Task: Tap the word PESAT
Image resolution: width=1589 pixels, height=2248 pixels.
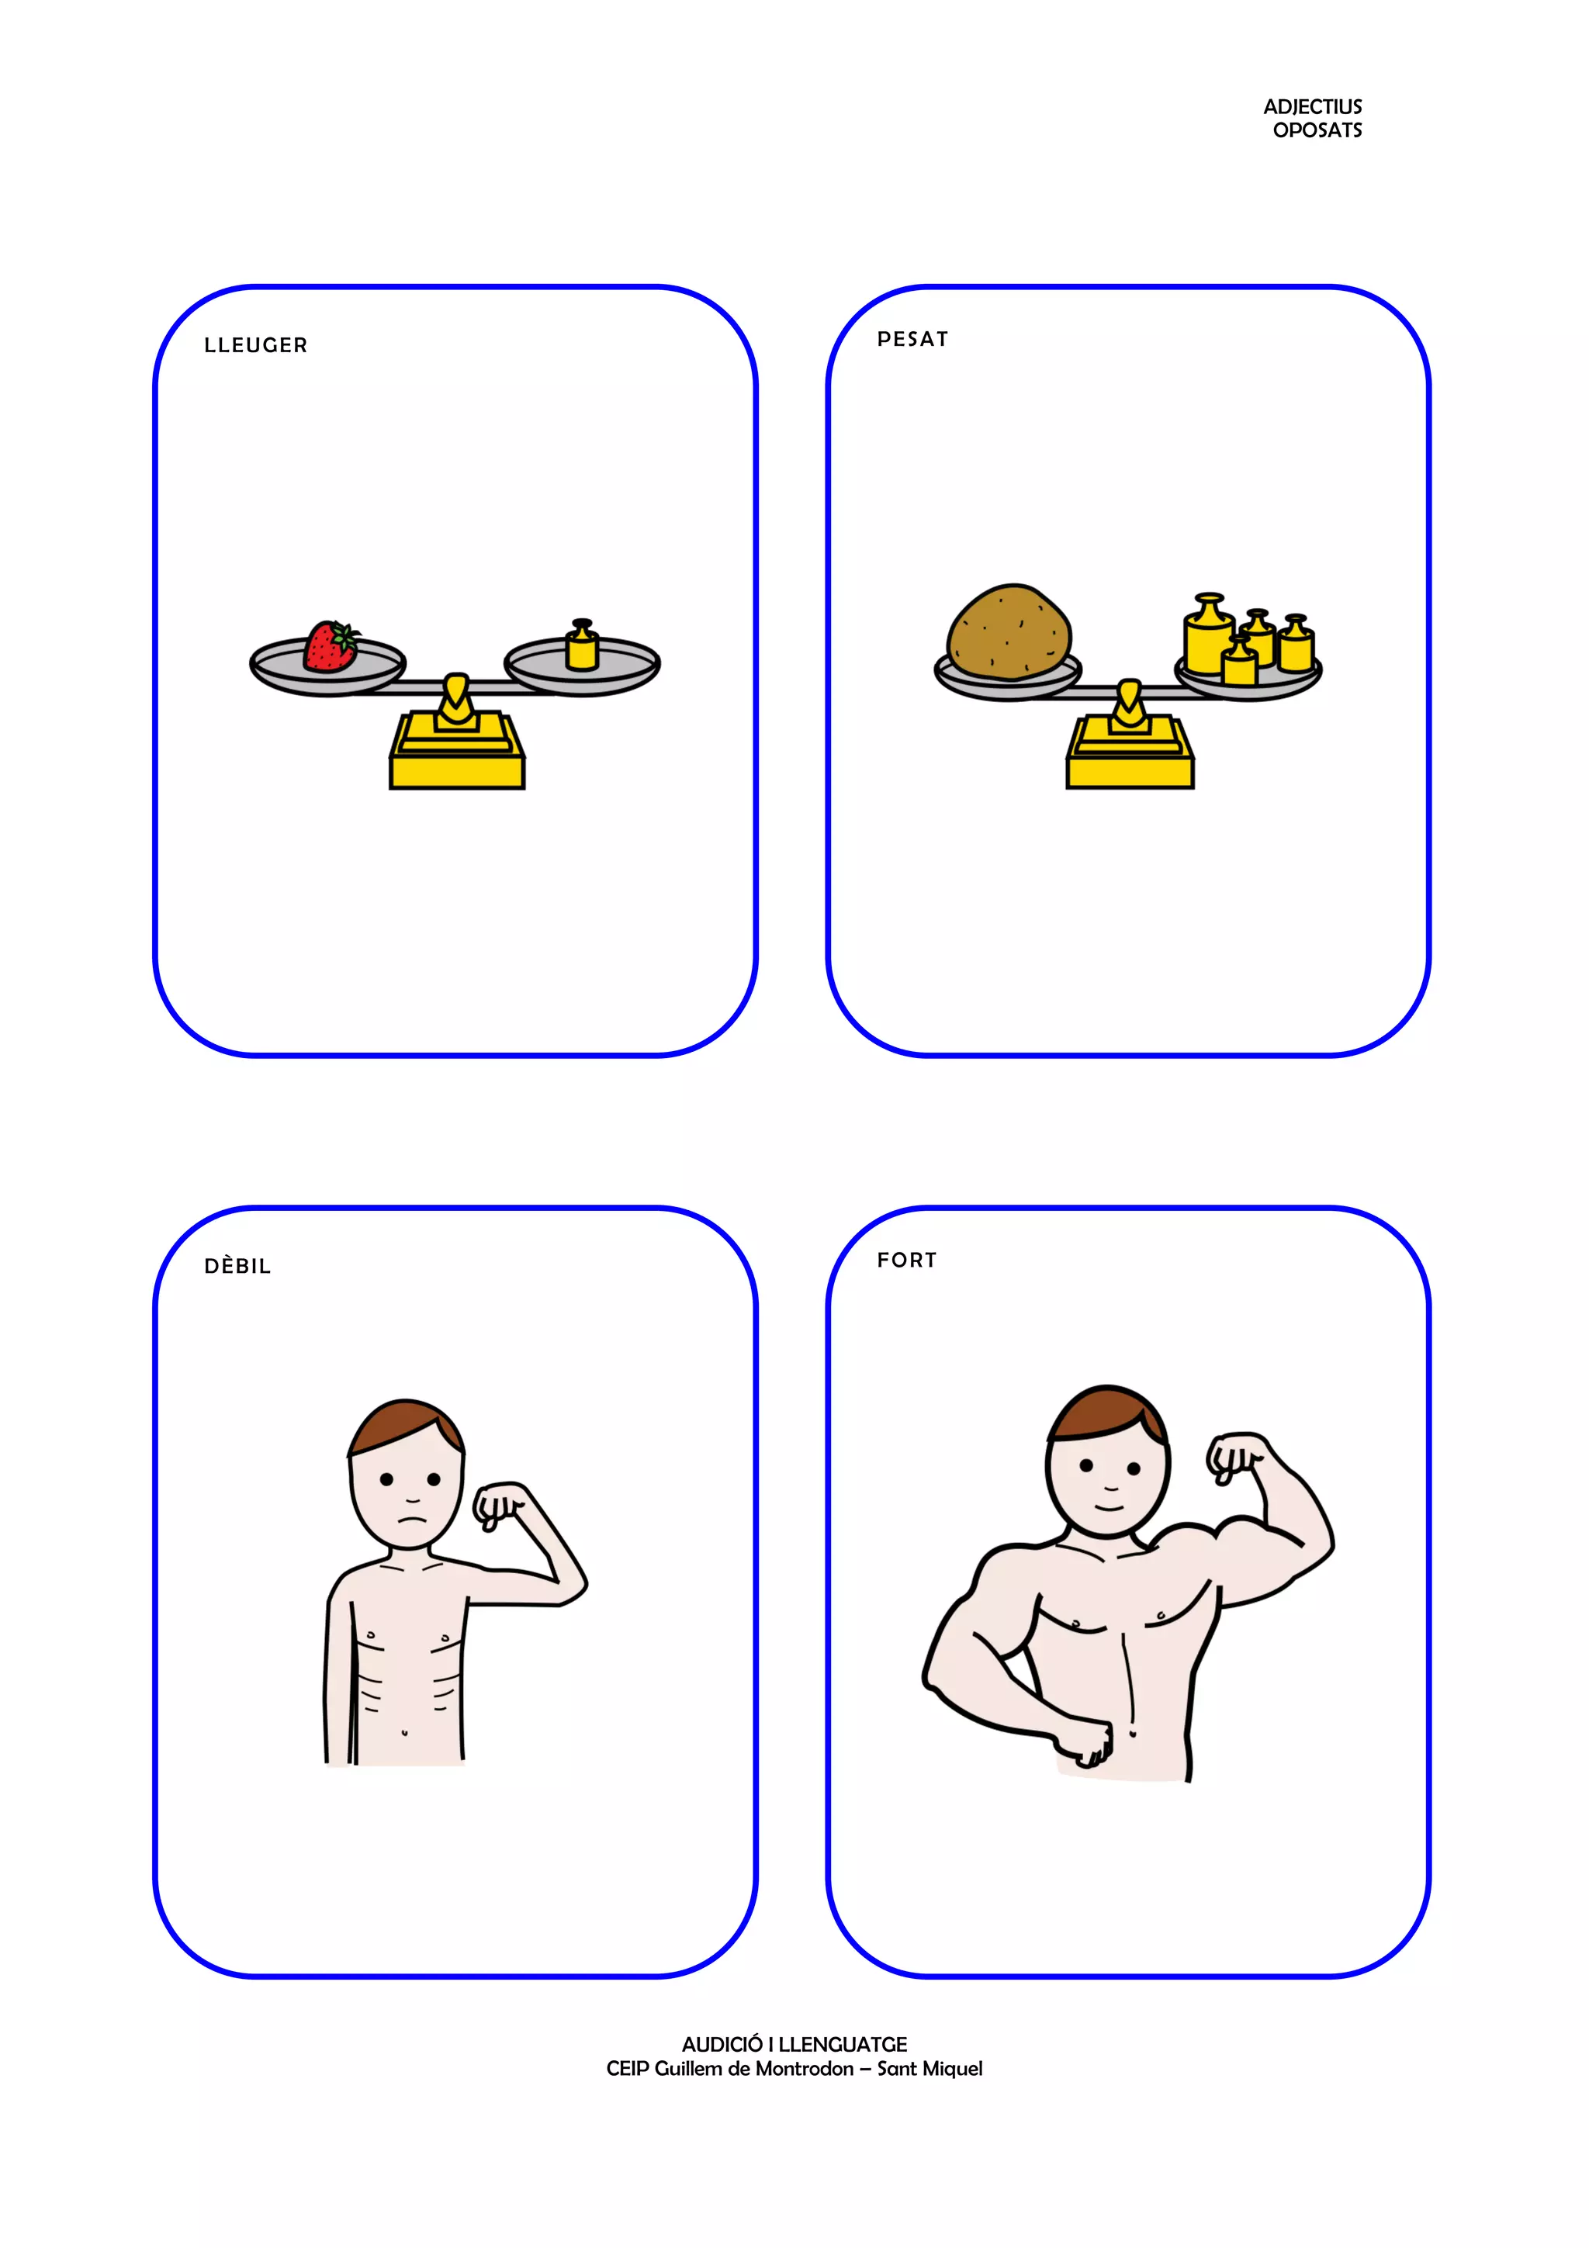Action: (x=912, y=339)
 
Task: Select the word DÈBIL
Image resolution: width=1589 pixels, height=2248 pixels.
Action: (x=237, y=1266)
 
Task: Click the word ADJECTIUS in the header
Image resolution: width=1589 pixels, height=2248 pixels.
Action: (x=1312, y=107)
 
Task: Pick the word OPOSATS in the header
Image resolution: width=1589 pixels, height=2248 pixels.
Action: (x=1317, y=130)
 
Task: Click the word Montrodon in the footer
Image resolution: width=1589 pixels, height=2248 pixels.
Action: (x=805, y=2068)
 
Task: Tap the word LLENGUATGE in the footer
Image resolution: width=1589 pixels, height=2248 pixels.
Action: (x=842, y=2043)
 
